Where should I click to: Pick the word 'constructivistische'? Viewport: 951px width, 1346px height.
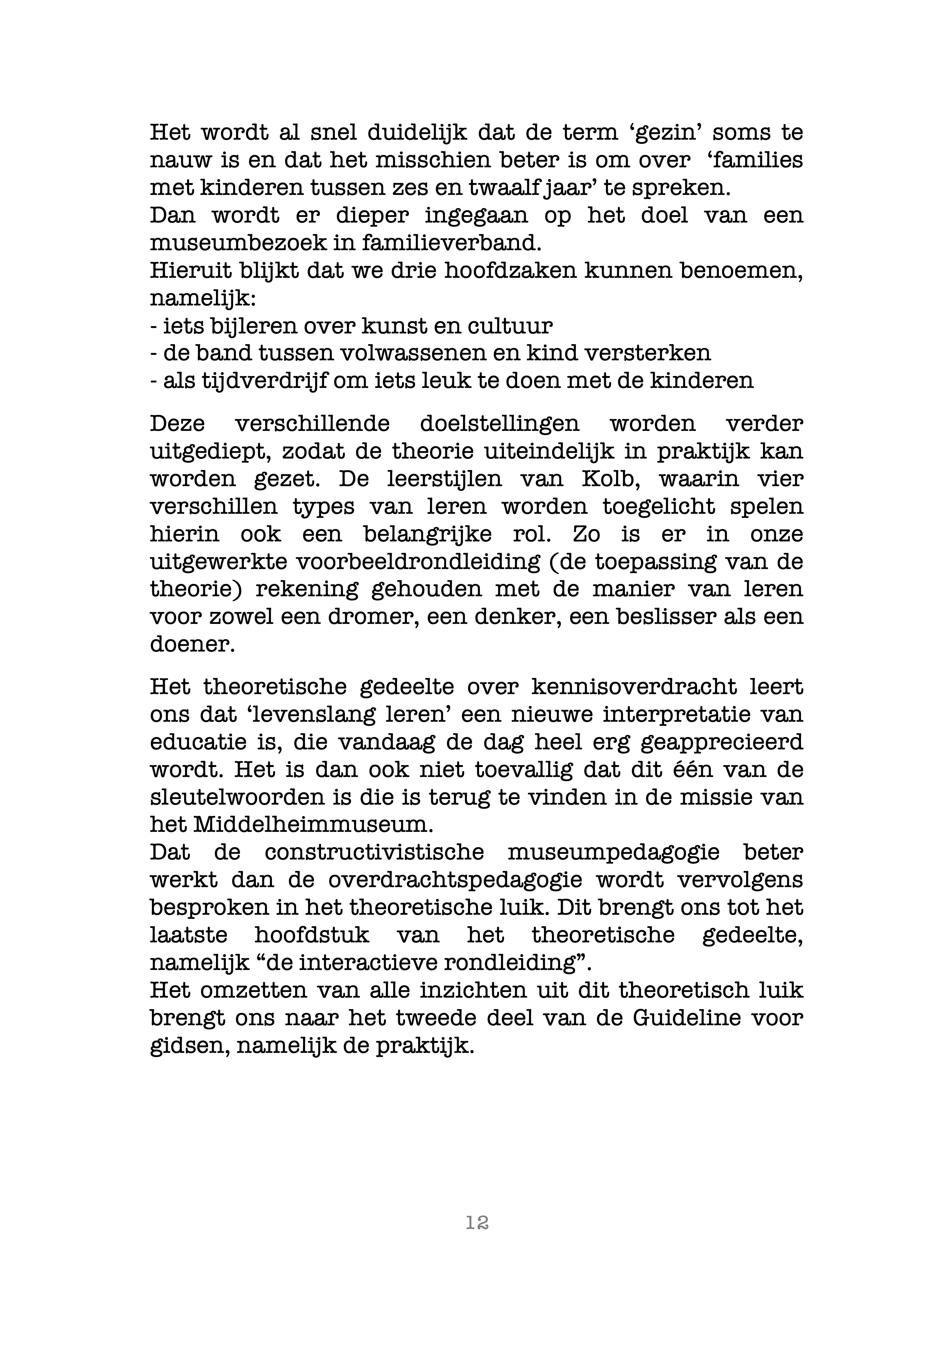click(x=374, y=853)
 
